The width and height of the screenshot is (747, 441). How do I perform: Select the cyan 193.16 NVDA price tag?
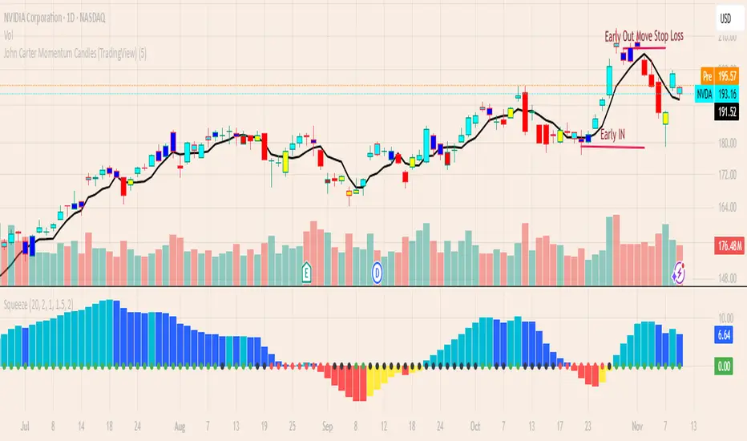[726, 94]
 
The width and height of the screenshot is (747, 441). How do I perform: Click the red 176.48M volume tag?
[726, 247]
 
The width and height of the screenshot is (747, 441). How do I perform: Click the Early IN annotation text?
[613, 135]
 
